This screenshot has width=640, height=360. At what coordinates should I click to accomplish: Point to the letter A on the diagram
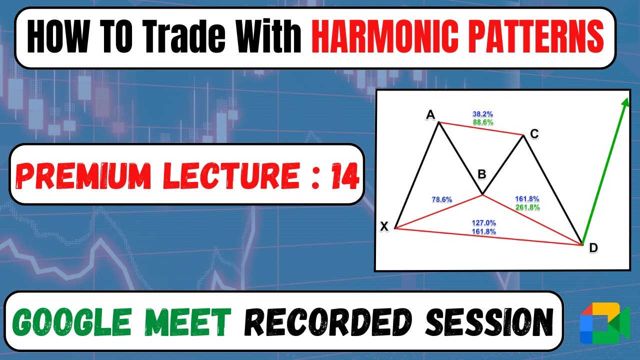pos(430,115)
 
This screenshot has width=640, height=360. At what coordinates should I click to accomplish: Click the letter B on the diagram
pos(481,174)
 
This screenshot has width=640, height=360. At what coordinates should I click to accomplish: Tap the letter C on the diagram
pos(534,133)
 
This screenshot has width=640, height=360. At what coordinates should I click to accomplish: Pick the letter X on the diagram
pos(384,226)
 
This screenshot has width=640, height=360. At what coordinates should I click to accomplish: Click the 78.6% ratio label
pos(441,199)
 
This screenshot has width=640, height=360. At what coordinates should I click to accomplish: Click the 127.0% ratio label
pos(483,223)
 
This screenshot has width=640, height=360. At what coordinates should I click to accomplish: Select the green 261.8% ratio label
pos(527,207)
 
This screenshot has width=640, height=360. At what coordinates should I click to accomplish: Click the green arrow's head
pos(624,102)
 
